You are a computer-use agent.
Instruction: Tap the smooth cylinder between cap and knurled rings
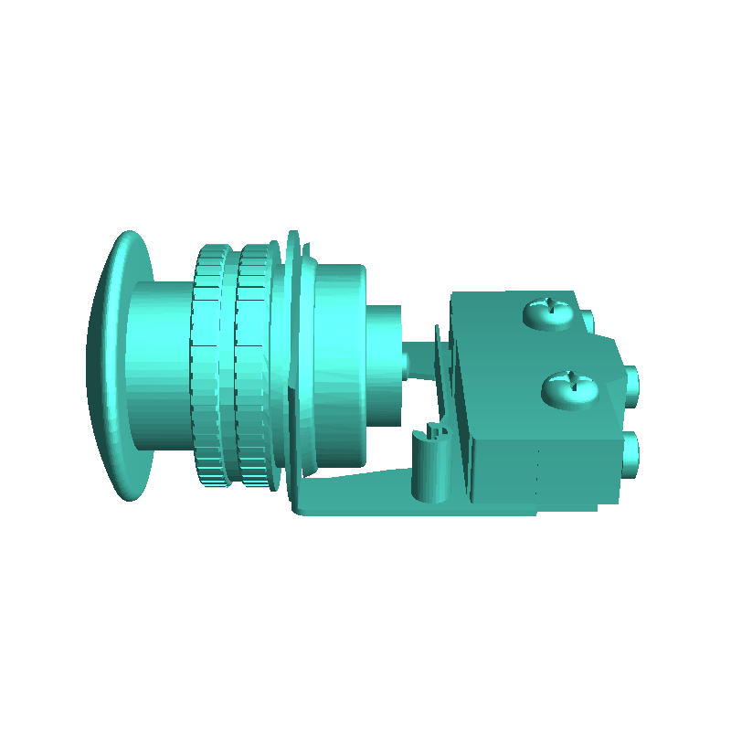160,365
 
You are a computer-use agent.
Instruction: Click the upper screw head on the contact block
549,313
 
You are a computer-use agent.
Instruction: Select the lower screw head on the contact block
567,390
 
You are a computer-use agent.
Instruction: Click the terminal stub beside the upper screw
587,320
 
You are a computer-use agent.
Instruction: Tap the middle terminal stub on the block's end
631,385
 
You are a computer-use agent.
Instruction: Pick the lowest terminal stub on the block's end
630,454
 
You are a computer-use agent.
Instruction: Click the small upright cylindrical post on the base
427,471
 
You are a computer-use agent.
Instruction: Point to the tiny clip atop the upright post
435,429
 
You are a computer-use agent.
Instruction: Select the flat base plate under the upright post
365,498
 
